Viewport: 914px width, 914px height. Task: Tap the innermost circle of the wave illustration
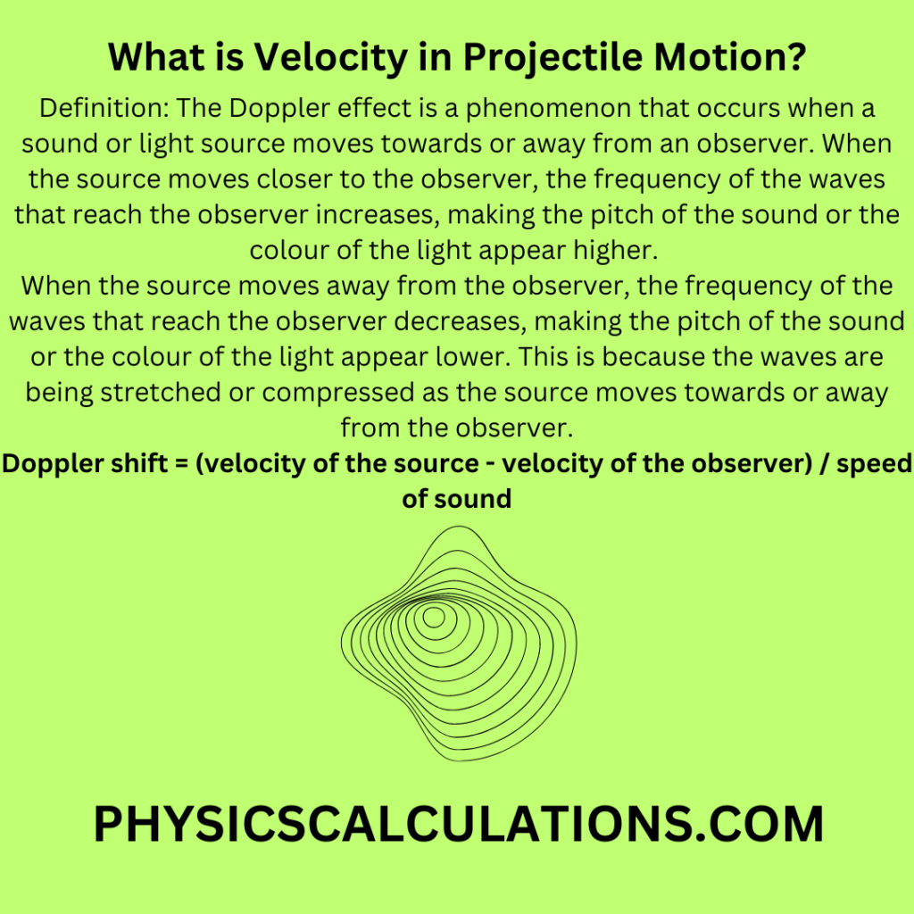[x=435, y=616]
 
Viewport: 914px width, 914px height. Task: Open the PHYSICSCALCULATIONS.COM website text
[x=457, y=824]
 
